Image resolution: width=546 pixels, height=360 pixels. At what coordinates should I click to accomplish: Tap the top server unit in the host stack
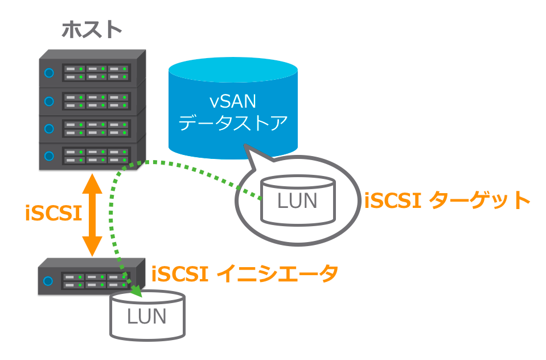click(91, 72)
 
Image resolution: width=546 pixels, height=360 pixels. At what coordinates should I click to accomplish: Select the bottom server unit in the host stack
click(91, 155)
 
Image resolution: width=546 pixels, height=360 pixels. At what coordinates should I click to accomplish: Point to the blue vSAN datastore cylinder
click(233, 114)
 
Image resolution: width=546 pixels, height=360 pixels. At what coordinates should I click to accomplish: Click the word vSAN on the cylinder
click(233, 102)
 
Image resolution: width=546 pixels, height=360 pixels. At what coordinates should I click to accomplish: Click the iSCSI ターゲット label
click(447, 201)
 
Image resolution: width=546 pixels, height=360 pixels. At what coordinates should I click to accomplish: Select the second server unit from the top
click(91, 100)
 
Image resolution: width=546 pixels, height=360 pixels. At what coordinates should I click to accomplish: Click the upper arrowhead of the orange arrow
click(92, 184)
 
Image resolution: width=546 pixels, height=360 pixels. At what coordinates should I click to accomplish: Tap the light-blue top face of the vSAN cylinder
click(233, 71)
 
